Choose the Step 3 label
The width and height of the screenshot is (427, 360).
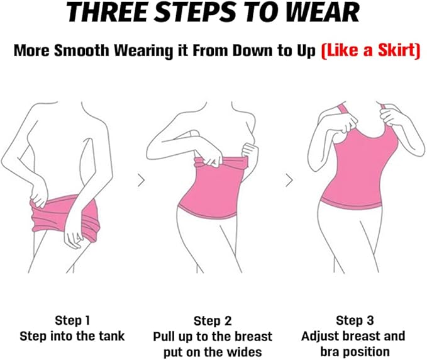coord(353,321)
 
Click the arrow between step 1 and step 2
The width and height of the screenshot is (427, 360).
coord(141,181)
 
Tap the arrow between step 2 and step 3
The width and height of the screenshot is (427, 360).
coord(289,181)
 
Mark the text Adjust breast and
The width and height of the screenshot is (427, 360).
coord(353,336)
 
